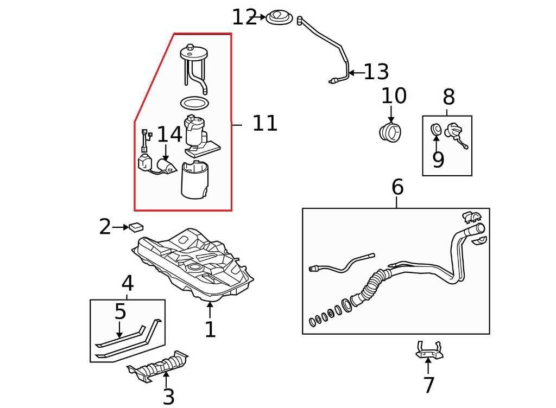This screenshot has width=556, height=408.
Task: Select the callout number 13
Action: coord(376,72)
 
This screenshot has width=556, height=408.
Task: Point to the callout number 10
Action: coord(394,97)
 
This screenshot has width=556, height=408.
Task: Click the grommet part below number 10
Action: coord(390,132)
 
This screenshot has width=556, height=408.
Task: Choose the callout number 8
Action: coord(448,98)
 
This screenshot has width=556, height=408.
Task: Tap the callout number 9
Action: coord(438,160)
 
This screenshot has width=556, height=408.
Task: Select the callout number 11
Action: coord(265,124)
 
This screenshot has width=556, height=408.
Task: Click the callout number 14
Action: coord(169,135)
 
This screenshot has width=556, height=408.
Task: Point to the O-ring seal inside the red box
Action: coord(194,102)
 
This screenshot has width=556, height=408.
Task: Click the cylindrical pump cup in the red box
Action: coord(195,180)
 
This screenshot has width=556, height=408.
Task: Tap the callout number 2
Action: coord(105,227)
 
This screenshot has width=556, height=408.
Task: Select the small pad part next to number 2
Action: coord(136,226)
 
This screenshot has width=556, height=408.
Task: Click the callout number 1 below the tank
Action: coord(210,329)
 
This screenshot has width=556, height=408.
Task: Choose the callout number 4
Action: coord(127,283)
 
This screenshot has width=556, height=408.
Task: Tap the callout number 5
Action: coord(120,312)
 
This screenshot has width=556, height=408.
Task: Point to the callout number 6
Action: coord(397,188)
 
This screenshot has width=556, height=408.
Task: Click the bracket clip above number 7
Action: coord(428,349)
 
